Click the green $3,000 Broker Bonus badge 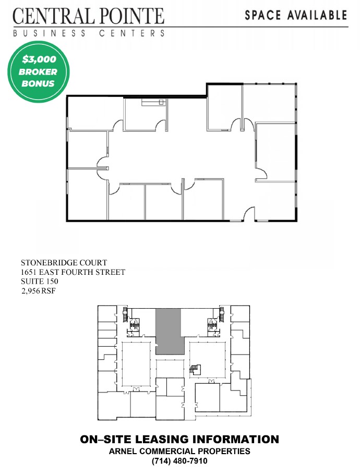[39, 72]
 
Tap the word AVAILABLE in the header [317, 15]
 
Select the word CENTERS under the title [132, 33]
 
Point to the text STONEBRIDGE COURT [64, 263]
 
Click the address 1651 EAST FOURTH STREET [73, 272]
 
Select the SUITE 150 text [40, 281]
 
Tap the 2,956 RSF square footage [39, 291]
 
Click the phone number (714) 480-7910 [179, 461]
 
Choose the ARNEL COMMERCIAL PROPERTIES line [179, 451]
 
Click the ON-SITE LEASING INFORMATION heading [179, 439]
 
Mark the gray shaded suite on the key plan [169, 332]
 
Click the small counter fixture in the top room [153, 102]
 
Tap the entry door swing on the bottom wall [249, 213]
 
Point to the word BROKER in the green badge [38, 72]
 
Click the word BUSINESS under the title [50, 33]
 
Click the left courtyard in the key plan [136, 364]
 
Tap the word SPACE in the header [263, 15]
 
